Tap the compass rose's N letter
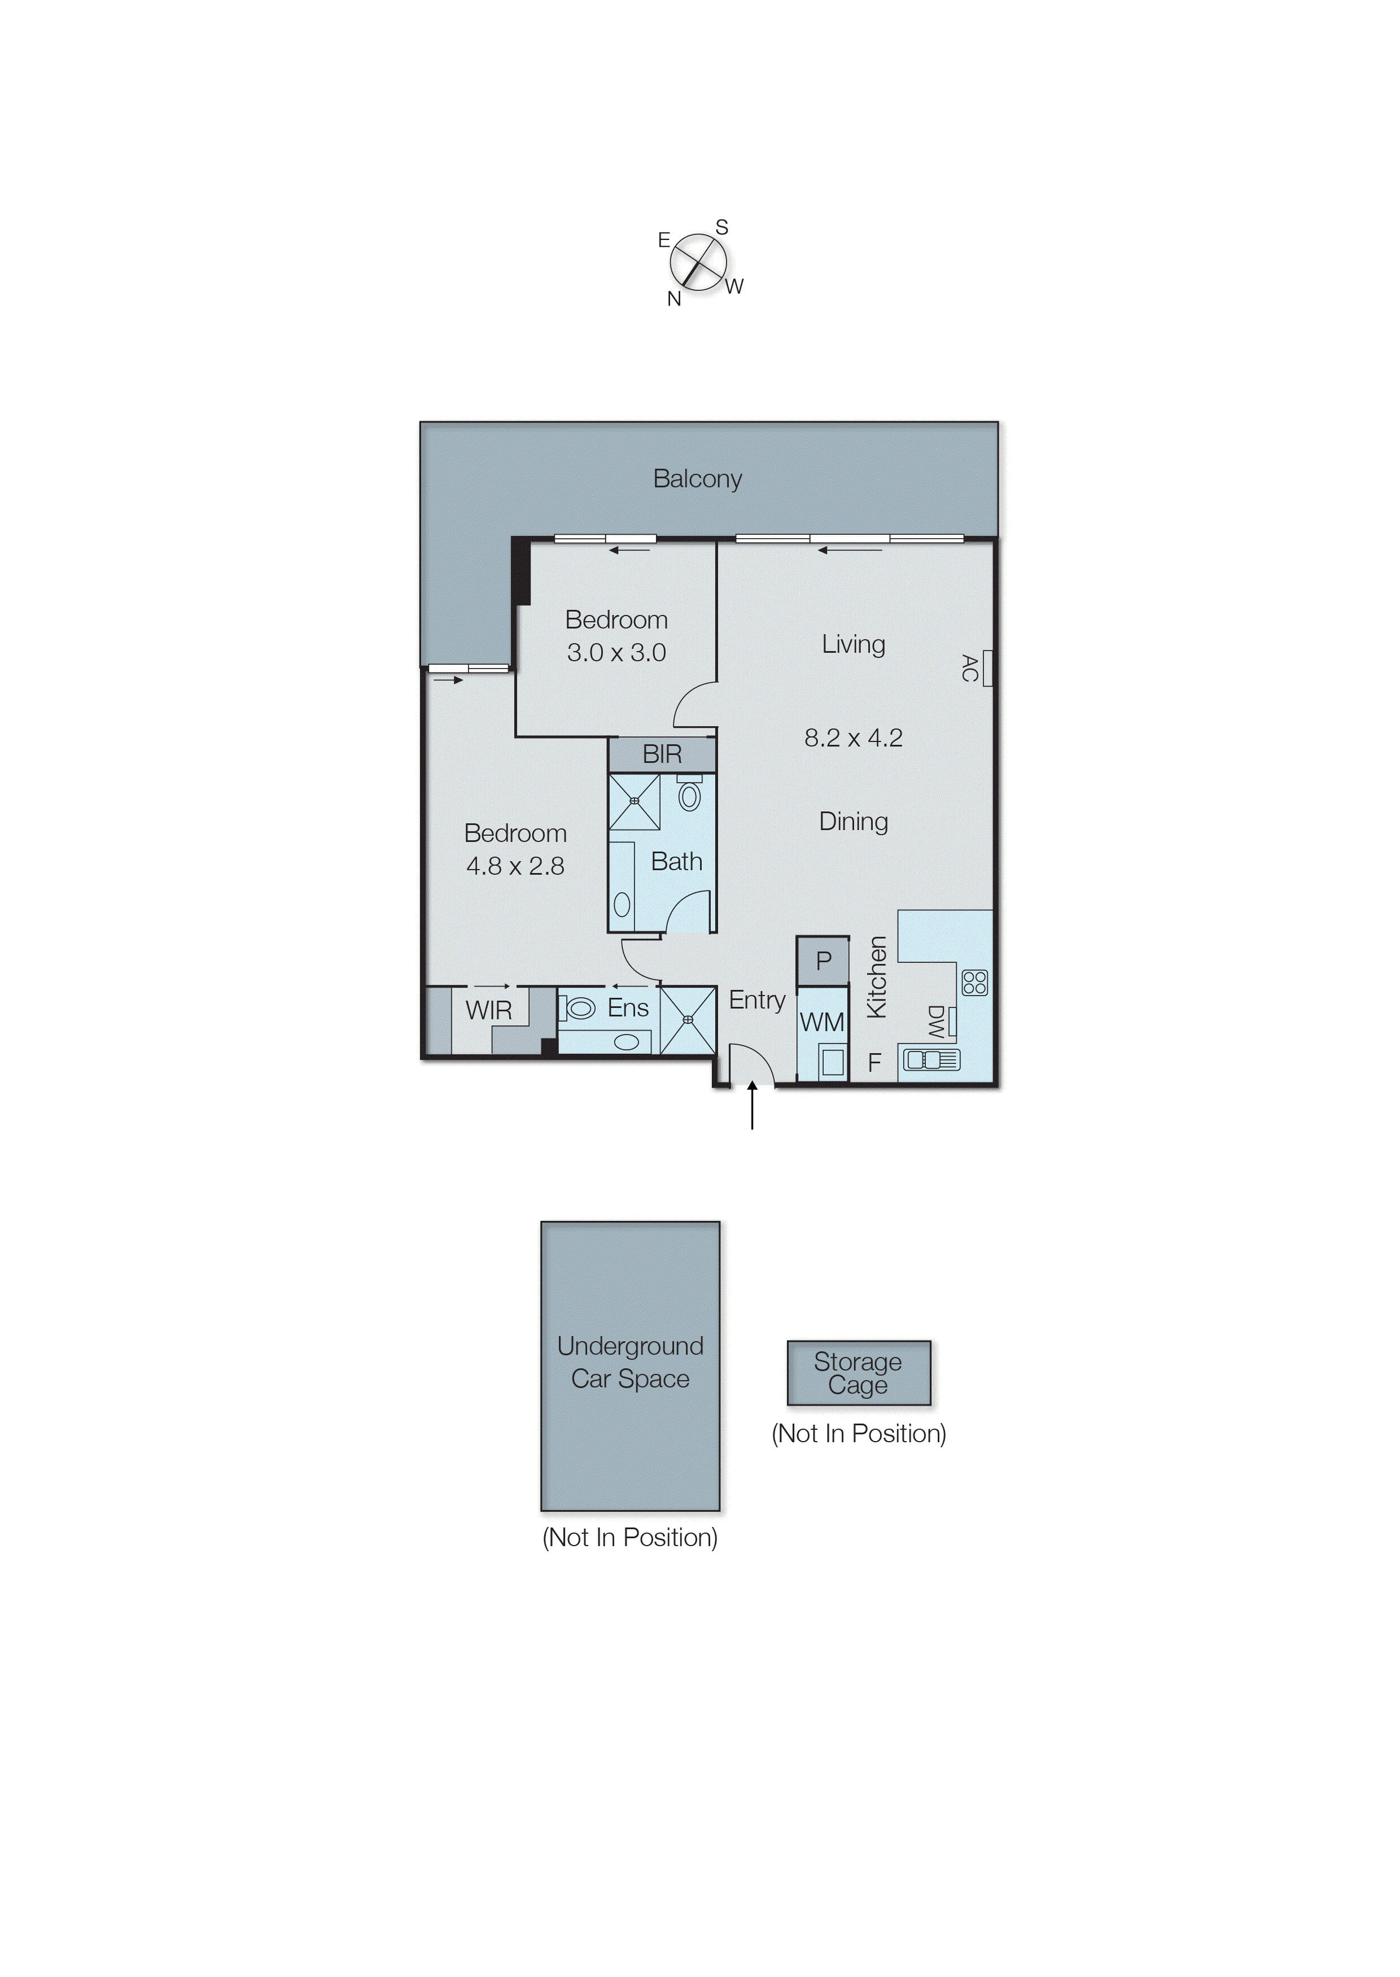point(674,299)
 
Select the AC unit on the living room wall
point(987,667)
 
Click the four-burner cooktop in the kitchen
point(974,982)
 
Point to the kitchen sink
point(931,1059)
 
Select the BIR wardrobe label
point(662,754)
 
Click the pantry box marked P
point(823,961)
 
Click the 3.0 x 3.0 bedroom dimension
point(616,653)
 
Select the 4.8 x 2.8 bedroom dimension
point(515,866)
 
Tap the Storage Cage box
point(859,1373)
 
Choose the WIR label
point(489,1010)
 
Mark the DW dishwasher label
point(935,1021)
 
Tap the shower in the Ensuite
point(688,1020)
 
